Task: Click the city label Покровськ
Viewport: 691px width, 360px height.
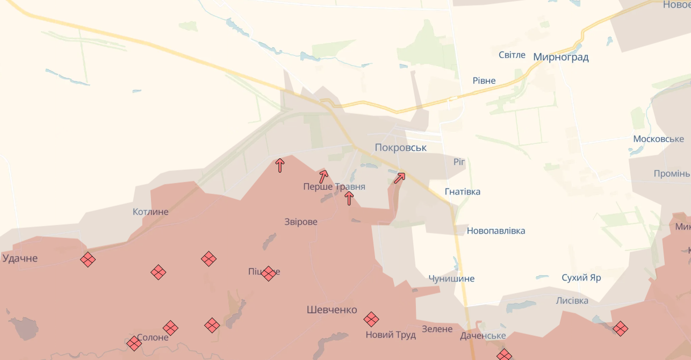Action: pos(400,147)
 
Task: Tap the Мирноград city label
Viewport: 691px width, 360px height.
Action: pos(560,57)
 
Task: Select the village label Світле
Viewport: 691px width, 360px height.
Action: pos(512,55)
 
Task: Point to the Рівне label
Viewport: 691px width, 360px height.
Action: pos(484,81)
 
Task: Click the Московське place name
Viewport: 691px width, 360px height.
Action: pos(658,139)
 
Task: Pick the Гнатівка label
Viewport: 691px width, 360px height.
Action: pos(462,192)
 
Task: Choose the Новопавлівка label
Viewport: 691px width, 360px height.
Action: pos(495,231)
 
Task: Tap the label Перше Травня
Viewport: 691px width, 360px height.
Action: pos(334,187)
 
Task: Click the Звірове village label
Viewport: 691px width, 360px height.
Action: pos(301,222)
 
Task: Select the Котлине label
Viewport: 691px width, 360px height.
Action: pos(150,212)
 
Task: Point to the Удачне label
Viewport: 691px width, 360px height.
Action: pos(20,258)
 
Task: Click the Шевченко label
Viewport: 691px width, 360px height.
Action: pos(332,309)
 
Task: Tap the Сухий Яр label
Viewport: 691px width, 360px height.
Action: pos(581,278)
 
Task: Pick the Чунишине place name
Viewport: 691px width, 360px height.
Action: pos(451,279)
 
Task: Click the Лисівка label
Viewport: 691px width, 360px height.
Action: pos(572,300)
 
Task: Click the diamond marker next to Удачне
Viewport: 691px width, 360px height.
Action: pos(88,260)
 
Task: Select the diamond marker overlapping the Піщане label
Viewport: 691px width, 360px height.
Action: pos(269,273)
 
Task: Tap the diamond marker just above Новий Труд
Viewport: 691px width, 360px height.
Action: pos(371,319)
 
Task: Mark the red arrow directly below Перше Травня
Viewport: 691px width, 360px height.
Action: pos(349,199)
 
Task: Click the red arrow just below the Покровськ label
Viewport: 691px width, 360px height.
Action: pos(399,177)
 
